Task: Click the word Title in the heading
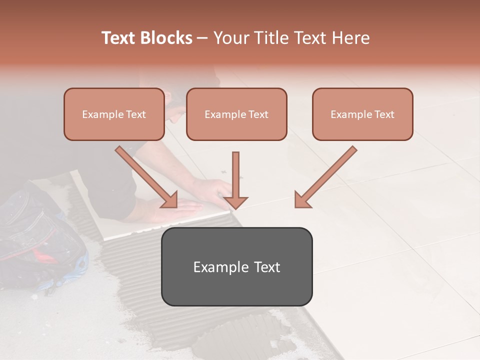click(x=271, y=38)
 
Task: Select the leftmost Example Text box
click(x=114, y=114)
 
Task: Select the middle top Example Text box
click(x=236, y=114)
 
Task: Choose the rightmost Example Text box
click(x=362, y=114)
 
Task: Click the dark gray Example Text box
click(x=236, y=267)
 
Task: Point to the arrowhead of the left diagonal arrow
click(x=170, y=200)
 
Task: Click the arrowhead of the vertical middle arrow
click(x=235, y=202)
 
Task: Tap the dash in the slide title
click(x=202, y=38)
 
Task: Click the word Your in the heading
click(x=231, y=38)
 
